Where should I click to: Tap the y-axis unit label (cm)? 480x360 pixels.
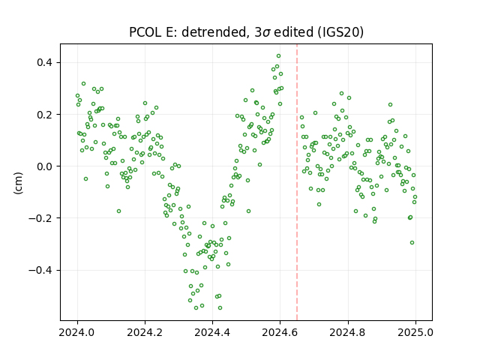pos(18,183)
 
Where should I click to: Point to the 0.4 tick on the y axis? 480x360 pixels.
pos(44,63)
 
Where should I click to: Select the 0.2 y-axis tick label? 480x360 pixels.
pos(44,115)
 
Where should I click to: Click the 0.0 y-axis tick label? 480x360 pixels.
pos(44,166)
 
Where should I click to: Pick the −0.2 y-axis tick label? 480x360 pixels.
pos(40,218)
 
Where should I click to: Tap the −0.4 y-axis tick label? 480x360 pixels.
pos(40,270)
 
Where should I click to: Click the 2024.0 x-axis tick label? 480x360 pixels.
pos(77,332)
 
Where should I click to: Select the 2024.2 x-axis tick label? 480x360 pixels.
pos(145,332)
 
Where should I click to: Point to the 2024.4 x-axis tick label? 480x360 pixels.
pos(212,332)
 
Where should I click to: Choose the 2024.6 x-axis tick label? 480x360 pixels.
pos(280,332)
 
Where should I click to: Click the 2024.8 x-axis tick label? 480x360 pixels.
pos(347,332)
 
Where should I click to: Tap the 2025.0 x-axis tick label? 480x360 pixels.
pos(415,332)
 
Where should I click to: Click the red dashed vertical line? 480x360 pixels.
pos(297,182)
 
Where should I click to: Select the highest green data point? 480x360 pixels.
pos(278,56)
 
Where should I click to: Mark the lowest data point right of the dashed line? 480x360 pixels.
pos(412,243)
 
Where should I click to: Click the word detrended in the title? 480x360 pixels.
pos(214,32)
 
